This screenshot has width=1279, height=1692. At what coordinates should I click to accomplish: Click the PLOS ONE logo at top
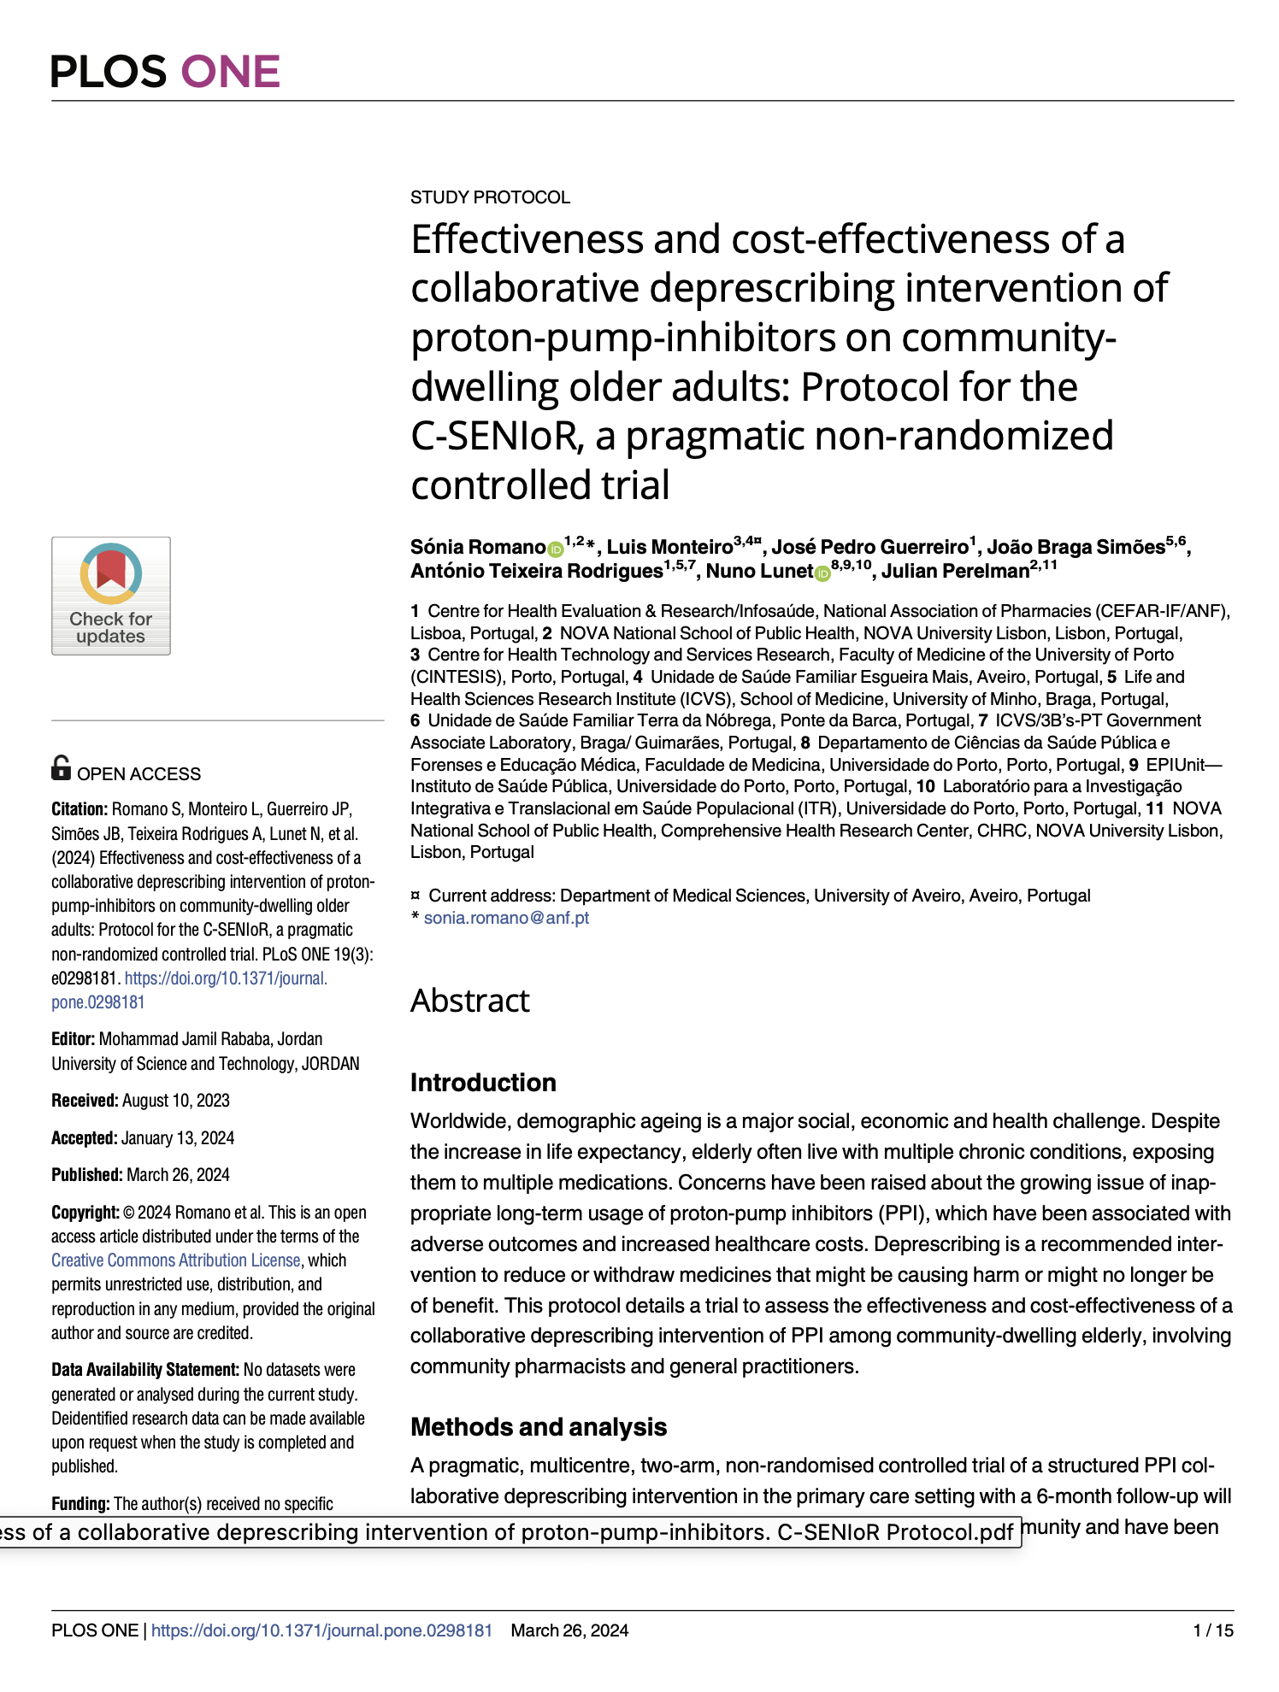tap(165, 71)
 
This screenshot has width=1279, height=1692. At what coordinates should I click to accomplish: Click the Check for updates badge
tap(111, 596)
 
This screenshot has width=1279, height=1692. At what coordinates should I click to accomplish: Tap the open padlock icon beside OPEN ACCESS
tap(61, 767)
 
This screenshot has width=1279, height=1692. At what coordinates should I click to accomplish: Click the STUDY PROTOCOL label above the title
tap(490, 197)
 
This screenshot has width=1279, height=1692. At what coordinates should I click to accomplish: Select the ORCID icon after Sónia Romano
tap(556, 549)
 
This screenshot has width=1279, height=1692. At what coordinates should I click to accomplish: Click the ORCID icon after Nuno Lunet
tap(822, 573)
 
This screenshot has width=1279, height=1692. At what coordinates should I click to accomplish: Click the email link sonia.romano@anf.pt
tap(506, 918)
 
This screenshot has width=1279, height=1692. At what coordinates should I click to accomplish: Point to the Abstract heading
tap(469, 1001)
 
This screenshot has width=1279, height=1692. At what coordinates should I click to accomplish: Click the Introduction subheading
tap(483, 1083)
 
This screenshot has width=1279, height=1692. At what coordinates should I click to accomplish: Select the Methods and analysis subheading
tap(539, 1427)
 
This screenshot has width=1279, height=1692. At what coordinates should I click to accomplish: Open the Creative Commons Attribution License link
tap(175, 1260)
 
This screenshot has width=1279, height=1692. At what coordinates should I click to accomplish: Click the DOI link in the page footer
tap(321, 1630)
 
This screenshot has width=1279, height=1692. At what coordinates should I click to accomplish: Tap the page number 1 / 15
tap(1213, 1630)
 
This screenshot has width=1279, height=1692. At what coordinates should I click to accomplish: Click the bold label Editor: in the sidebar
tap(74, 1039)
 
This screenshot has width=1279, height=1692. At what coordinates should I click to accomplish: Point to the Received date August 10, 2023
tap(175, 1101)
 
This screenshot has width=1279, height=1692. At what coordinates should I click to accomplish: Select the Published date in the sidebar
tap(178, 1175)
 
